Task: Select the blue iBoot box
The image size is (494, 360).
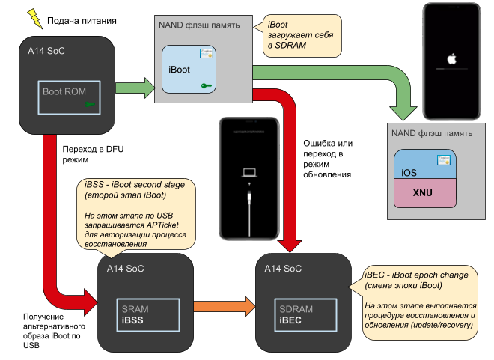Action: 188,70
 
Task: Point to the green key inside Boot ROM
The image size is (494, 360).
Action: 91,106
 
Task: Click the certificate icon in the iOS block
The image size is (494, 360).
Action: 444,159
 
